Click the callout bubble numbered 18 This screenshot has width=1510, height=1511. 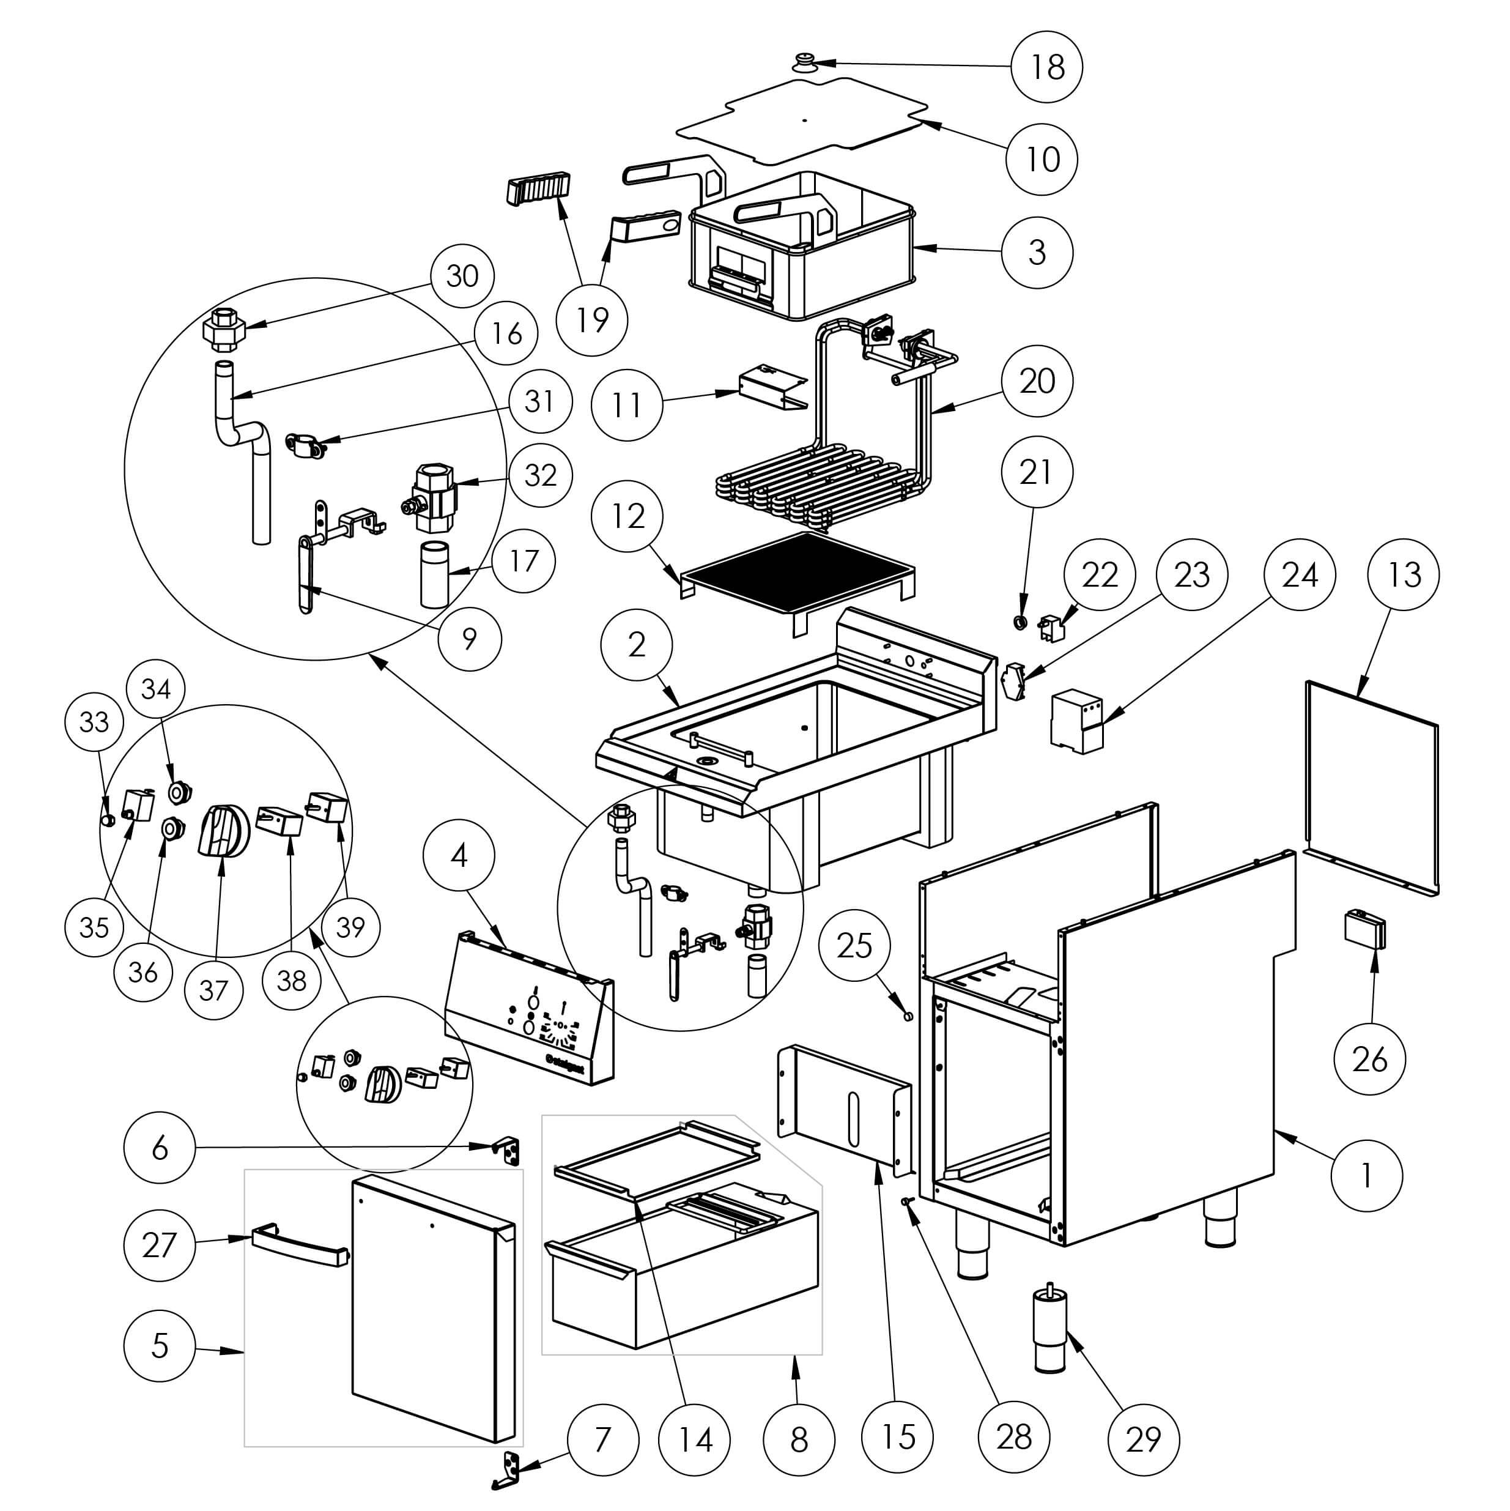[x=1046, y=67]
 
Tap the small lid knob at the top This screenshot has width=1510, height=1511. [x=804, y=61]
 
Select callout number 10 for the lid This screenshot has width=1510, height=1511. [x=1042, y=160]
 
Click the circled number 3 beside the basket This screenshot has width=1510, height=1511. [x=1037, y=253]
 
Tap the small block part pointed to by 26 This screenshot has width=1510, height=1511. [x=1364, y=929]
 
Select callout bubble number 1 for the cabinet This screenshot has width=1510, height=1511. [x=1366, y=1176]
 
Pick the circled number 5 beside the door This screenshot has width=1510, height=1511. [x=160, y=1345]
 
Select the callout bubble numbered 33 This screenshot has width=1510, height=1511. [x=95, y=721]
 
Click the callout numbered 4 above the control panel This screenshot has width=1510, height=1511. [x=459, y=856]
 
